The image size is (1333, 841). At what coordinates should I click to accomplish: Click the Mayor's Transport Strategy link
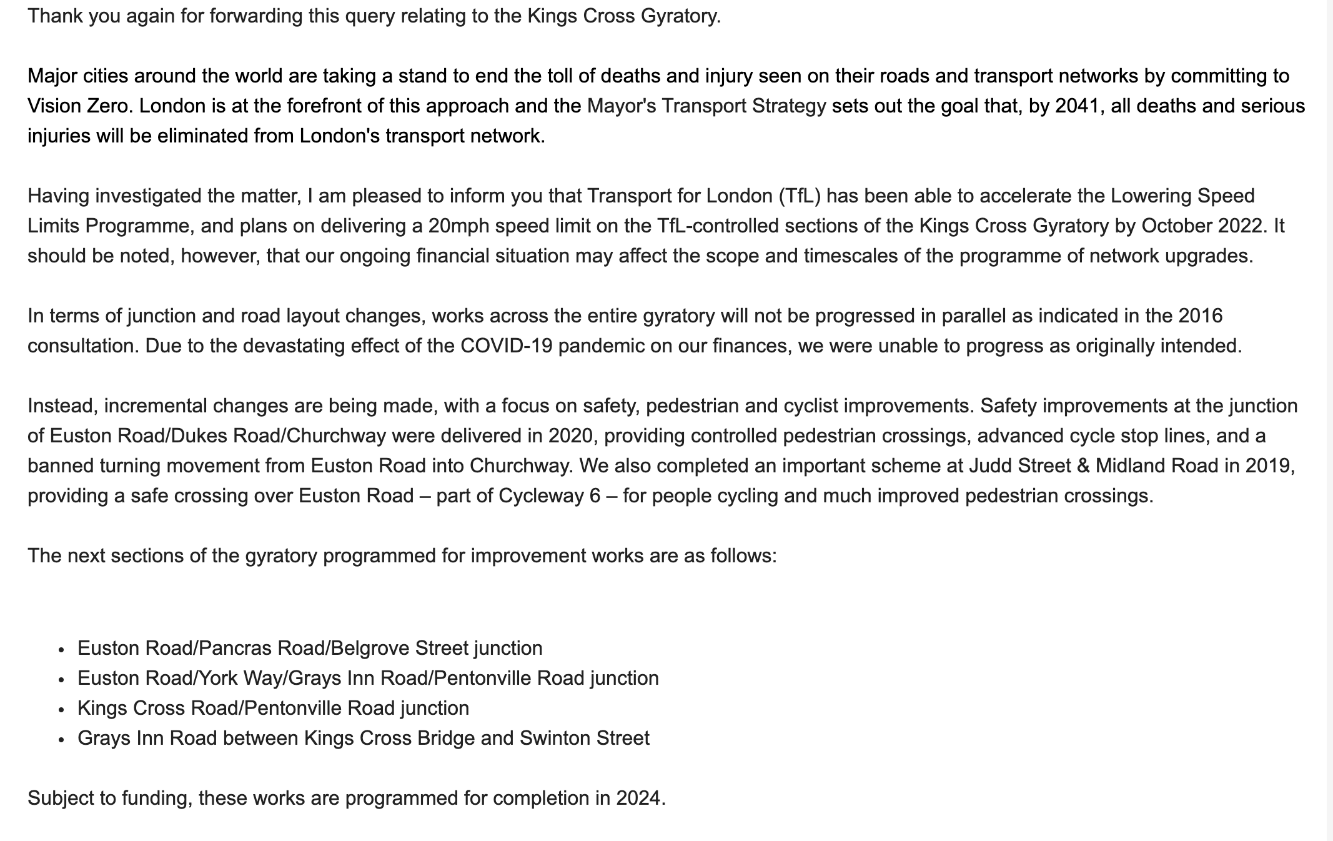point(706,106)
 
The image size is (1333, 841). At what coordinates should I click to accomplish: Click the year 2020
point(570,435)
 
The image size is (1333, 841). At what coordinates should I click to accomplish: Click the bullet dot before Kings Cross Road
point(61,710)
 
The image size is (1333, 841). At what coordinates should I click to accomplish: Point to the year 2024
point(638,798)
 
